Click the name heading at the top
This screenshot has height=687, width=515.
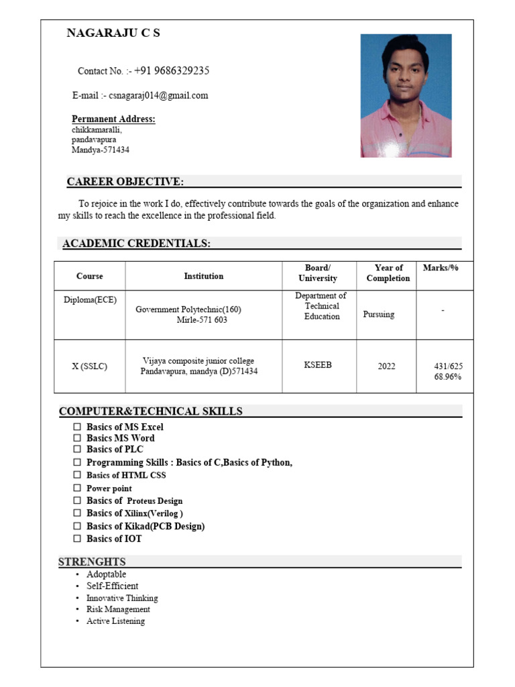click(x=113, y=33)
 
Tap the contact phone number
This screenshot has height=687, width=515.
click(x=172, y=70)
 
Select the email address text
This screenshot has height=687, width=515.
click(x=158, y=95)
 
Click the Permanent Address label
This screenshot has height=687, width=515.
click(x=113, y=119)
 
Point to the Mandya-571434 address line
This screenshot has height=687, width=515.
click(x=101, y=150)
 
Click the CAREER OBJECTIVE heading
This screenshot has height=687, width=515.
click(x=125, y=182)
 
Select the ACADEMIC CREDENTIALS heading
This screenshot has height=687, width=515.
click(x=136, y=244)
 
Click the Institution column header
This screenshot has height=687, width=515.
click(x=203, y=276)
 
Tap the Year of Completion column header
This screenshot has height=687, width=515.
click(x=388, y=273)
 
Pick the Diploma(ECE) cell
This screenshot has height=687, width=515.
click(x=90, y=300)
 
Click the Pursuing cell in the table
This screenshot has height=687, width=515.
click(x=378, y=314)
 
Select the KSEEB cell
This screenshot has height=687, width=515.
click(x=318, y=365)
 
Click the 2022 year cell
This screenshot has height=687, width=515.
click(x=386, y=366)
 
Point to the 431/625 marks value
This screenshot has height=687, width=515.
click(x=448, y=366)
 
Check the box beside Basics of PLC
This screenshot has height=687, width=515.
click(x=77, y=450)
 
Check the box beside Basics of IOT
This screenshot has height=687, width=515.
click(x=77, y=539)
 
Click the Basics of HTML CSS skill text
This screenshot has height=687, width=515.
click(x=126, y=475)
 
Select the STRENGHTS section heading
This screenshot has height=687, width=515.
click(x=92, y=562)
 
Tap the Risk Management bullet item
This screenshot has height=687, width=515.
click(x=118, y=609)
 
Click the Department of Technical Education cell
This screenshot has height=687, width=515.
click(x=321, y=306)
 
